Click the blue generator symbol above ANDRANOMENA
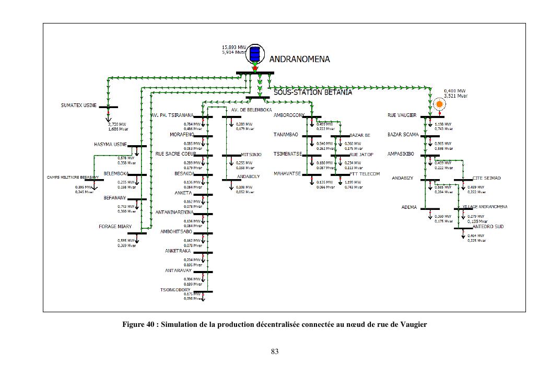[255, 54]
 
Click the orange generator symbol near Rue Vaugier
[439, 104]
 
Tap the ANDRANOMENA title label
[299, 60]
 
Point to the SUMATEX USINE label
[79, 105]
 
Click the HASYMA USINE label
[111, 145]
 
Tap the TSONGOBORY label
[175, 290]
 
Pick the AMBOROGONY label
[289, 115]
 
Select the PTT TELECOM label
[368, 174]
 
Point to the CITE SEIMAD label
[486, 178]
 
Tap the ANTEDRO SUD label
[488, 227]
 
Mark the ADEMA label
[409, 207]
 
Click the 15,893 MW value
[233, 48]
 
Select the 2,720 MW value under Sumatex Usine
[117, 124]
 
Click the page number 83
[275, 351]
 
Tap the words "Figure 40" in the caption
[138, 325]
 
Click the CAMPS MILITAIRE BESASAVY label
[69, 178]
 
